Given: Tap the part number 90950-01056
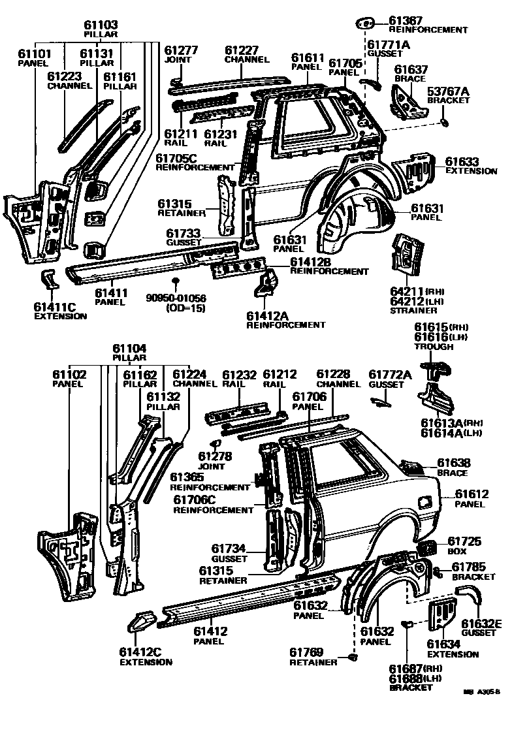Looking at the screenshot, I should (175, 299).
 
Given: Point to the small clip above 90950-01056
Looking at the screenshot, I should (175, 281).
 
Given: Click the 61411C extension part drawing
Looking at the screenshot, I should (50, 278).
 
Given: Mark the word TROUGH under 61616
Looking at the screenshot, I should (434, 347).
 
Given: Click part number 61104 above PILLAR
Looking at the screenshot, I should (129, 349).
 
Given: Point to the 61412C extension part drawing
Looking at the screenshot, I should (138, 620).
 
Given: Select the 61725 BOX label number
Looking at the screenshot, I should (464, 541).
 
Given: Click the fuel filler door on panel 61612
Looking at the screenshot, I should (424, 501).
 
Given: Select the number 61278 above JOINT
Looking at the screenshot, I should (216, 456).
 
